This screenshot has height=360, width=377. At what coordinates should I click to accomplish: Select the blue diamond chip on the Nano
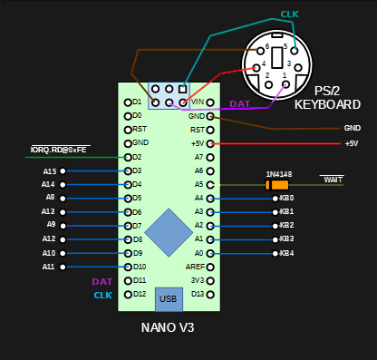169,231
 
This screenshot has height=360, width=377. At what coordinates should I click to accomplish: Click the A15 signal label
49,171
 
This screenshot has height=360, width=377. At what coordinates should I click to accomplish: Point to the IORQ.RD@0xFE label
60,149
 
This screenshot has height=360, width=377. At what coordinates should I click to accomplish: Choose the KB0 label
286,198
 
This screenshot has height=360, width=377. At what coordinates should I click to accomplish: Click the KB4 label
286,253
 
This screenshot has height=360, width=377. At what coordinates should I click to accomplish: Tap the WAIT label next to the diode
333,180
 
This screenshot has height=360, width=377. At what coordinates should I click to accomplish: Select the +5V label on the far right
351,143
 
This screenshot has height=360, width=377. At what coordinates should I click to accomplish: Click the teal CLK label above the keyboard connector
289,15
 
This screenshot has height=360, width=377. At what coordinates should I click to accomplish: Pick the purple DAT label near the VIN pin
239,104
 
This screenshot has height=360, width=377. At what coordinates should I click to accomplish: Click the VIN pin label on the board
198,102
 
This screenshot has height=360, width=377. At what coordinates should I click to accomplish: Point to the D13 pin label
198,295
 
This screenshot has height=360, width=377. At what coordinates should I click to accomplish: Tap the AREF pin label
195,268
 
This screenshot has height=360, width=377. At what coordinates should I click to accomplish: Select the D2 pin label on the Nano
137,157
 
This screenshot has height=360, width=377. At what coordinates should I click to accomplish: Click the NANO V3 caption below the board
168,327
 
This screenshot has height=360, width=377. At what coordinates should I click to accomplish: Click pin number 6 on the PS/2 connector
267,45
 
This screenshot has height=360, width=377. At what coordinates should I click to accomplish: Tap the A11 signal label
49,268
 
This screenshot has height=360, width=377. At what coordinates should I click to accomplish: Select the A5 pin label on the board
198,184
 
